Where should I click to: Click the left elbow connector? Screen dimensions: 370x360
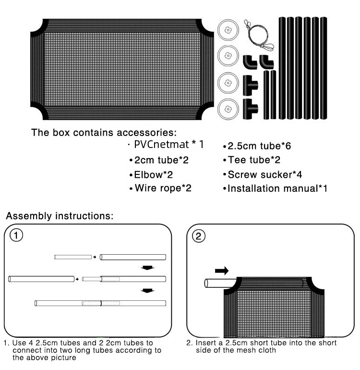point(249,62)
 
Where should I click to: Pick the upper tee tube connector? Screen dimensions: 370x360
point(250,85)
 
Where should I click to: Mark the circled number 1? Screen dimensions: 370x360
point(17,235)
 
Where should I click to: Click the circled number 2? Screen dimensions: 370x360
point(199,235)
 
